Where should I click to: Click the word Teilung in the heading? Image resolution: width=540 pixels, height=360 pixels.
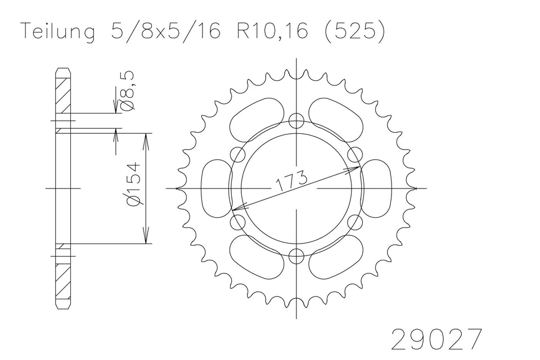pos(58,31)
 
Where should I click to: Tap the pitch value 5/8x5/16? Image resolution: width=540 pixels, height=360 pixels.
pos(165,31)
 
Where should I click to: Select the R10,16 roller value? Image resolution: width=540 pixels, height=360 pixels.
pos(272,31)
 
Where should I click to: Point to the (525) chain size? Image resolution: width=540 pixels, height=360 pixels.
pos(354,31)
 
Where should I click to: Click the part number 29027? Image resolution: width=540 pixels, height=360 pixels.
pos(436,339)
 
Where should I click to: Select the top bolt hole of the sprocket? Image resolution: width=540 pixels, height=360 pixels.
pos(296,120)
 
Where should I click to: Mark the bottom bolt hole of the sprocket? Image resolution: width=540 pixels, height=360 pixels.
pos(296,256)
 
